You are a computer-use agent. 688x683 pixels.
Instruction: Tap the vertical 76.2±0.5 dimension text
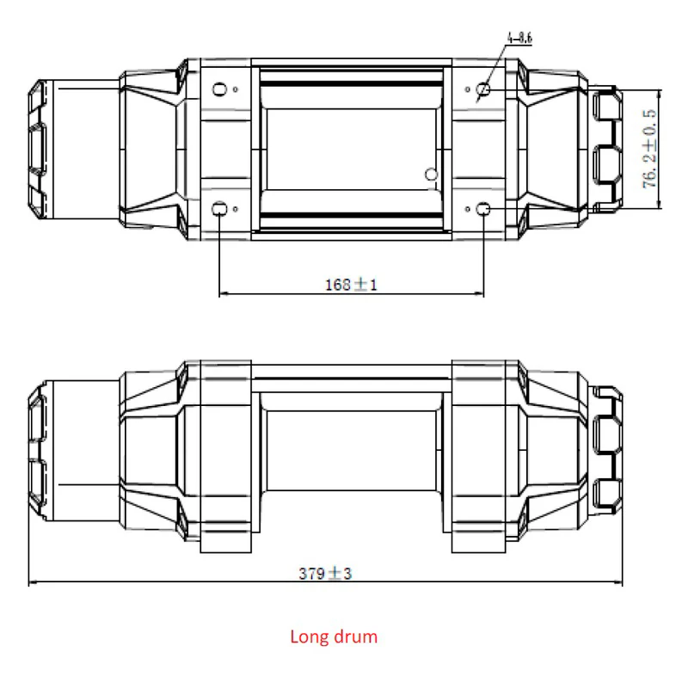coord(650,148)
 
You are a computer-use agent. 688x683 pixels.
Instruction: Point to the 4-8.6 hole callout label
coord(520,39)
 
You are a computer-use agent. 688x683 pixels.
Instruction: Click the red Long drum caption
coord(333,637)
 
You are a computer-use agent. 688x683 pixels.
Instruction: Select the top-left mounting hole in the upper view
coord(219,89)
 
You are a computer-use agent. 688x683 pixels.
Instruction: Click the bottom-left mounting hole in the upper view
coord(219,208)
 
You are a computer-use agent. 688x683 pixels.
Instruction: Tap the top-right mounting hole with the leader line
coord(483,89)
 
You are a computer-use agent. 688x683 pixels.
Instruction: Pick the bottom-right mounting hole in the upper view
coord(483,209)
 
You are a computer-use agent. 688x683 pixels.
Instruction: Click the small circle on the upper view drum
coord(433,175)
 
